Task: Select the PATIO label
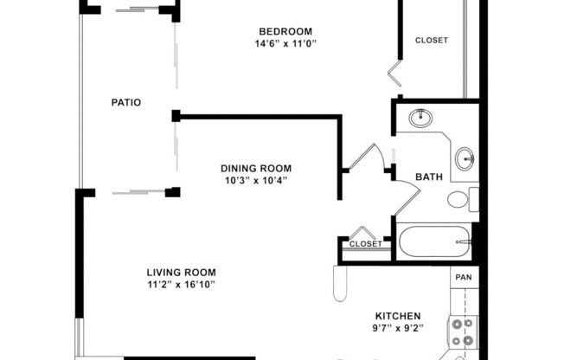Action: point(126,102)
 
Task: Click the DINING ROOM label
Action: point(255,168)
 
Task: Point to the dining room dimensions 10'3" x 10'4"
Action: point(255,181)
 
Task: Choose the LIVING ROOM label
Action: point(181,272)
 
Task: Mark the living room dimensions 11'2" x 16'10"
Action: point(181,285)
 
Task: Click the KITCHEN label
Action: point(397,315)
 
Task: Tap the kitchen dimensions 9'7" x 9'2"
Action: point(397,329)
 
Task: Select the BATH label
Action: point(429,177)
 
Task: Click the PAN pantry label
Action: point(464,277)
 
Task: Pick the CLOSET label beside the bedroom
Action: point(431,40)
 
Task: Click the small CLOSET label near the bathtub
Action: point(365,244)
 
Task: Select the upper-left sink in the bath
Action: point(421,117)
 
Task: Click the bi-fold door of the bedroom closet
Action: point(396,72)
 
